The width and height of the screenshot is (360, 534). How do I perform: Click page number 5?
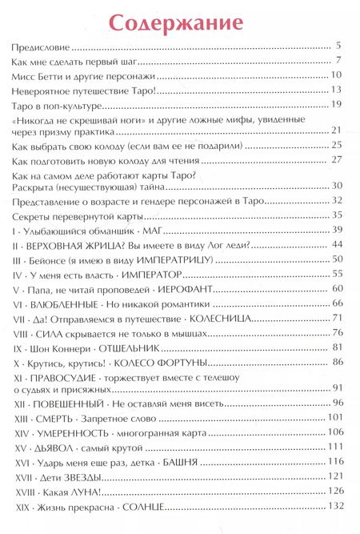339,46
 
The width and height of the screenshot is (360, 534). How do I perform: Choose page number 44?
336,243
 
